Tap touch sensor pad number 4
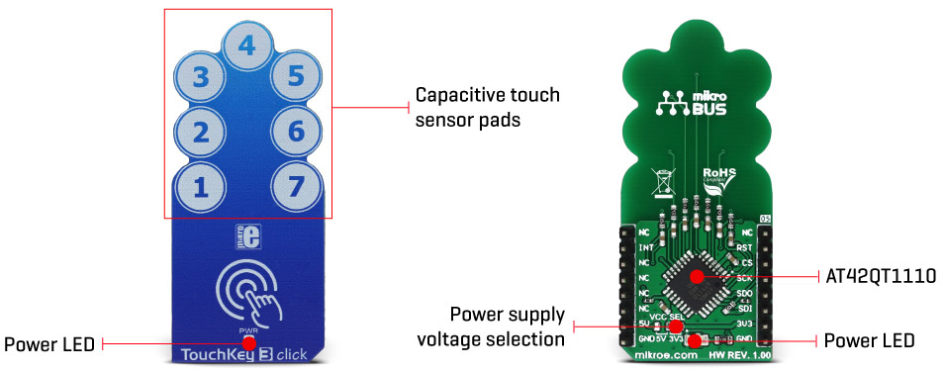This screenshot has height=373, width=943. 247,45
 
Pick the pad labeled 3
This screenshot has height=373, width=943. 201,76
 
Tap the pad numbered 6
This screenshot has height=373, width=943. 295,131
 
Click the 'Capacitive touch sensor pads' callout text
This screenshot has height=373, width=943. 487,107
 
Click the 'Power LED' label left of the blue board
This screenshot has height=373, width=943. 49,345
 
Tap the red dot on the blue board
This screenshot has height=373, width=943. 249,341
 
